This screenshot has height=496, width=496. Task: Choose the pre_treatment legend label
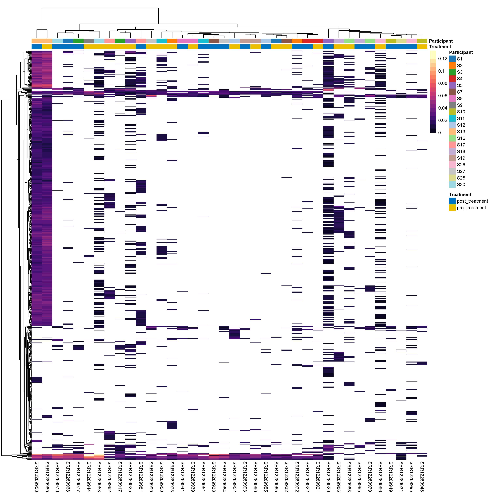[471, 208]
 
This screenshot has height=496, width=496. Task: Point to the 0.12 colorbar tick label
[443, 59]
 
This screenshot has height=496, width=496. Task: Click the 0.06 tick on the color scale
[443, 96]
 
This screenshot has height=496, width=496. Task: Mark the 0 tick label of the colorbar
[440, 133]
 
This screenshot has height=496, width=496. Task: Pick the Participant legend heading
[461, 52]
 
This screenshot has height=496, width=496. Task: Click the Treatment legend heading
[460, 195]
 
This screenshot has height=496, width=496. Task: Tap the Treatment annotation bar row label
[440, 47]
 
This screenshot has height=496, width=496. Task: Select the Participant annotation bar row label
[441, 41]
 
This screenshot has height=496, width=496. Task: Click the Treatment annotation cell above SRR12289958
[37, 46]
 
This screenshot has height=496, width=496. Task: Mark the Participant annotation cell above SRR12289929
[328, 41]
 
